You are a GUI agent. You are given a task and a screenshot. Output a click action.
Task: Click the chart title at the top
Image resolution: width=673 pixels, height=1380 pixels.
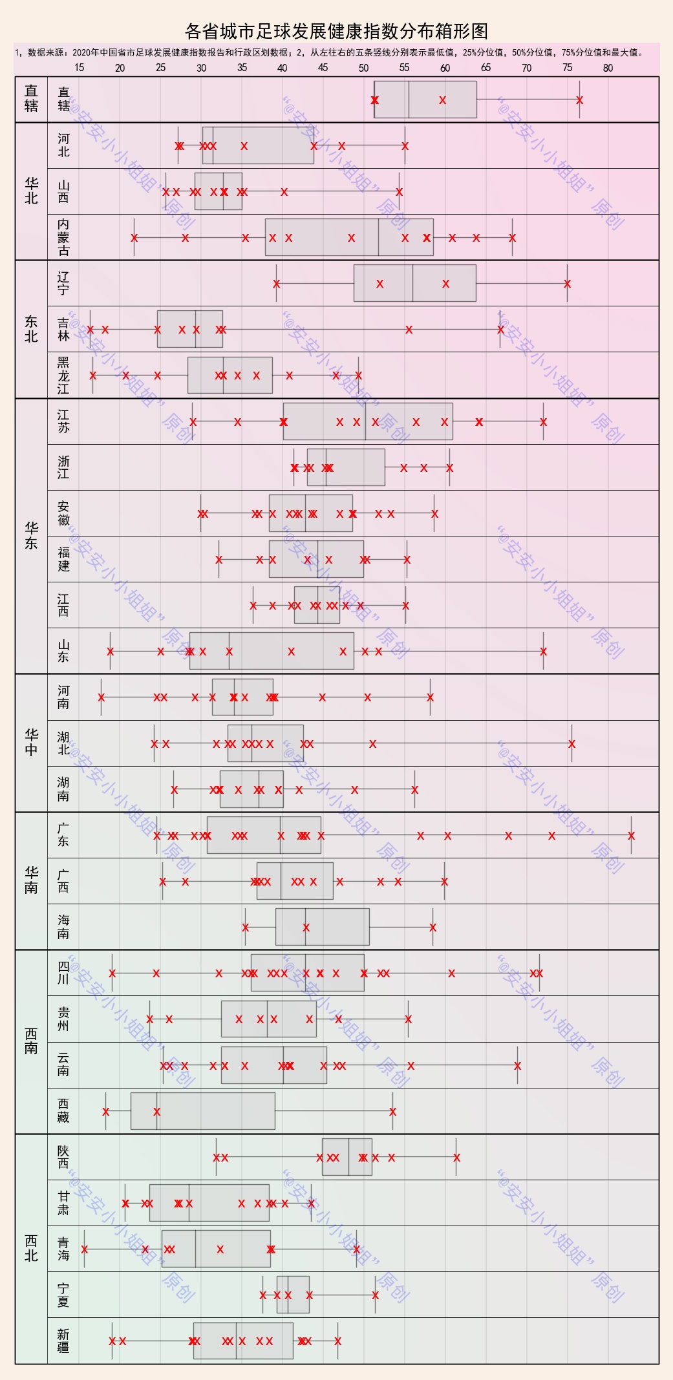click(336, 31)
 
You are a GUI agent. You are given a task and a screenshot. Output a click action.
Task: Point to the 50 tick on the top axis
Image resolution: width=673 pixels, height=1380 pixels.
click(363, 68)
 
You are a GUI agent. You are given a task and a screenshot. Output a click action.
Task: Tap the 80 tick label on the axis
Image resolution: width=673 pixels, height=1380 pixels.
click(608, 68)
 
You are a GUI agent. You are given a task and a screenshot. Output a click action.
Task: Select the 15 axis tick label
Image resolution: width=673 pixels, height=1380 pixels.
click(79, 68)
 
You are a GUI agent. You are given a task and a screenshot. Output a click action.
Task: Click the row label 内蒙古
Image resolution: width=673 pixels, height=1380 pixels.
click(63, 237)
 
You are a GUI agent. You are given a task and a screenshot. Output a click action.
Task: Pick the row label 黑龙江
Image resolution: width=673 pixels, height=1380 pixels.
click(63, 376)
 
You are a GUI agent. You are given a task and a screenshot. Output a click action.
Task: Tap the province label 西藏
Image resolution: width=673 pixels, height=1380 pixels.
click(63, 1110)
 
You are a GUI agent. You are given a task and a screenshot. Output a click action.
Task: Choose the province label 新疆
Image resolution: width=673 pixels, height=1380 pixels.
click(63, 1341)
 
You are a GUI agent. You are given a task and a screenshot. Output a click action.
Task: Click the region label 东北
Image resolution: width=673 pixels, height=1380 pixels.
click(31, 329)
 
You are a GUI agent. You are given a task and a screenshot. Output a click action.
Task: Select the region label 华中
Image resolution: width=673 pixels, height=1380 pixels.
click(31, 743)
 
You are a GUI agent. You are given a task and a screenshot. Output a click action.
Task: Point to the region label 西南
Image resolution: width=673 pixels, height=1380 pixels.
click(31, 1041)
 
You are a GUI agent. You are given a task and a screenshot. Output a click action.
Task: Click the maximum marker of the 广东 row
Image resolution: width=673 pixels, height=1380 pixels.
click(631, 836)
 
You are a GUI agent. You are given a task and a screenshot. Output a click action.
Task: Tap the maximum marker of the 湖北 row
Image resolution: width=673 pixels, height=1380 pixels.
click(572, 744)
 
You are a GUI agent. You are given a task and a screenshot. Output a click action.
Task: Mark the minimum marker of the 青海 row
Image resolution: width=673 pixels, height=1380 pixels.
click(84, 1249)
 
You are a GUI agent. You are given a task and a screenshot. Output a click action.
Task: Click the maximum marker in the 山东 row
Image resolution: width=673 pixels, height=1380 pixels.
click(543, 652)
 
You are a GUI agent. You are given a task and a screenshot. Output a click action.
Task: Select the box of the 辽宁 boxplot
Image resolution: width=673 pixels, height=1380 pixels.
click(414, 283)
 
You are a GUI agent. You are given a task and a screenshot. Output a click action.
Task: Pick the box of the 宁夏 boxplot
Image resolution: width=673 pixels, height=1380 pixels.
click(293, 1295)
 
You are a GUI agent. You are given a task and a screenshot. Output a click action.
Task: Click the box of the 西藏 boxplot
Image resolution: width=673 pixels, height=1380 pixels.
click(202, 1111)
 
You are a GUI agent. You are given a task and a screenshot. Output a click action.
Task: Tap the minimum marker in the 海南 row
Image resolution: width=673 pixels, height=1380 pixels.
click(245, 928)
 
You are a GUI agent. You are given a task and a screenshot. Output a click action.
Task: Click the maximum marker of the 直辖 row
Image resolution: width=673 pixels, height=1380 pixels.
click(579, 100)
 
